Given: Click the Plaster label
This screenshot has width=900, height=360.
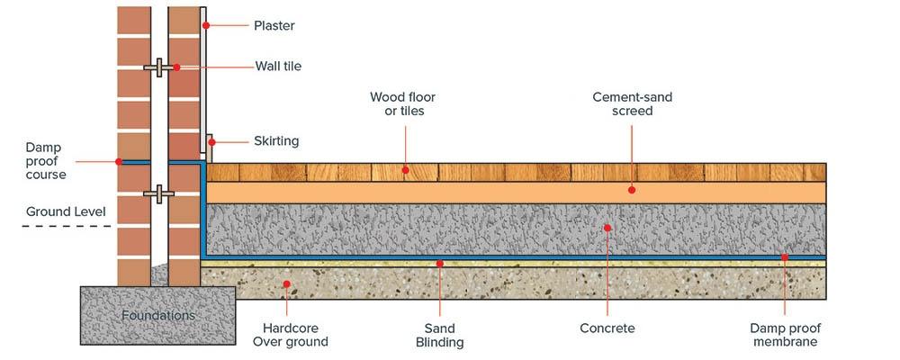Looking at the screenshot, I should (x=274, y=26).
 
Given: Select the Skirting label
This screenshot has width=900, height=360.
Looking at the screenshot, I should (x=275, y=141).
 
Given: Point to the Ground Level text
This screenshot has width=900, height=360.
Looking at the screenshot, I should (x=66, y=211).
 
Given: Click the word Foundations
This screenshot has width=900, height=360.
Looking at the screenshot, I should (x=158, y=316).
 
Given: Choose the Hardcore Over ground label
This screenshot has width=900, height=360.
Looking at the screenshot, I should (x=290, y=335).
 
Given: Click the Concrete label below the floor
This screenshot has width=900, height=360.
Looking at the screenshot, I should (x=607, y=328).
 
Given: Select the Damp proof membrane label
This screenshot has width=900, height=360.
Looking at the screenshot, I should (x=784, y=335).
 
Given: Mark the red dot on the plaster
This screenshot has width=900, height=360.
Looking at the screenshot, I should (x=207, y=25).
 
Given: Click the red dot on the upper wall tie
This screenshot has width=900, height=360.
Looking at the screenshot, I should (x=177, y=67).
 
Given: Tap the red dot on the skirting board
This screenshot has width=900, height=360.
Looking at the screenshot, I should (x=211, y=141).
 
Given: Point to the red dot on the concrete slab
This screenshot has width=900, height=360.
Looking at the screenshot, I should (x=607, y=228).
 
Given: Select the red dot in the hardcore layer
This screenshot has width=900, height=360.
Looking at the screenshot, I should (x=289, y=284).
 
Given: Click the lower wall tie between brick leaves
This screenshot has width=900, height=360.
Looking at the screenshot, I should (x=158, y=193).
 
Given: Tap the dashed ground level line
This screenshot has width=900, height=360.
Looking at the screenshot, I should (x=68, y=226).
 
